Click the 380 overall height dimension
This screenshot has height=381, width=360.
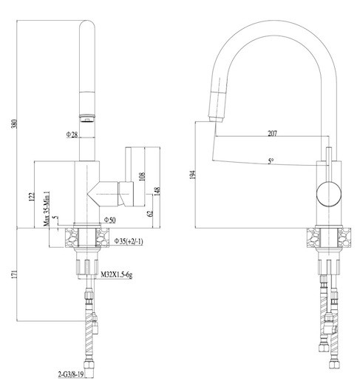[15, 124]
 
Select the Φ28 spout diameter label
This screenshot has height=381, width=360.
[72, 135]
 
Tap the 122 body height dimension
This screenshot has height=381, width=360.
[32, 197]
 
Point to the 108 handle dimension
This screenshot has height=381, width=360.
[142, 176]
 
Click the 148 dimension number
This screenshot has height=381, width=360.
[157, 191]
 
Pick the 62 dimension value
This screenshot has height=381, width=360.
[150, 214]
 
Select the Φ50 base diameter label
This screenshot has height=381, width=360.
[109, 220]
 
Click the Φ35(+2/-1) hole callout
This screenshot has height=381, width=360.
[129, 241]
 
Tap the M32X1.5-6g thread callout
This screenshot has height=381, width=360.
[117, 274]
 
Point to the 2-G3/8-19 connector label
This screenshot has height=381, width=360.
[70, 374]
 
